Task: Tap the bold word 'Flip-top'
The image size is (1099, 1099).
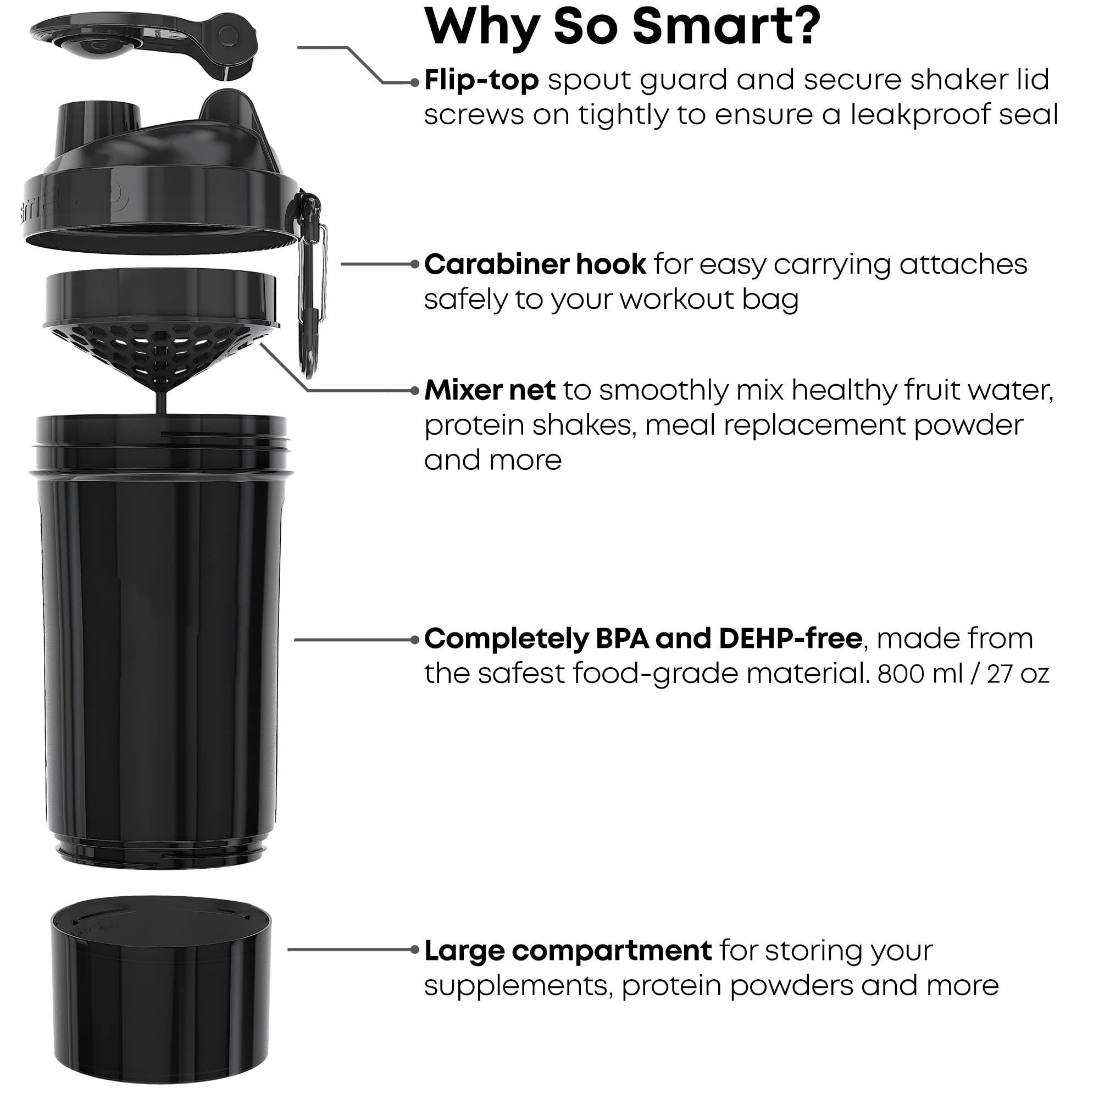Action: point(481,80)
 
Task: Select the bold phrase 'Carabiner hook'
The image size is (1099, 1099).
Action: point(535,264)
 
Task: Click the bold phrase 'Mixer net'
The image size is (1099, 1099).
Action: point(490,391)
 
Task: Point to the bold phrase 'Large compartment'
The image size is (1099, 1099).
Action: point(568,951)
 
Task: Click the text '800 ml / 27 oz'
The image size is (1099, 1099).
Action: point(963,674)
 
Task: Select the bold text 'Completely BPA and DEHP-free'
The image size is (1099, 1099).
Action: point(643,639)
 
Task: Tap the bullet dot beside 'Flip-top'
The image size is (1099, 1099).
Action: point(415,83)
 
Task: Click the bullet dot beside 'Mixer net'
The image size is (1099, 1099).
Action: point(415,391)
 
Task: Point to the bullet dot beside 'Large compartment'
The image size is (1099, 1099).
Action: point(415,950)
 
